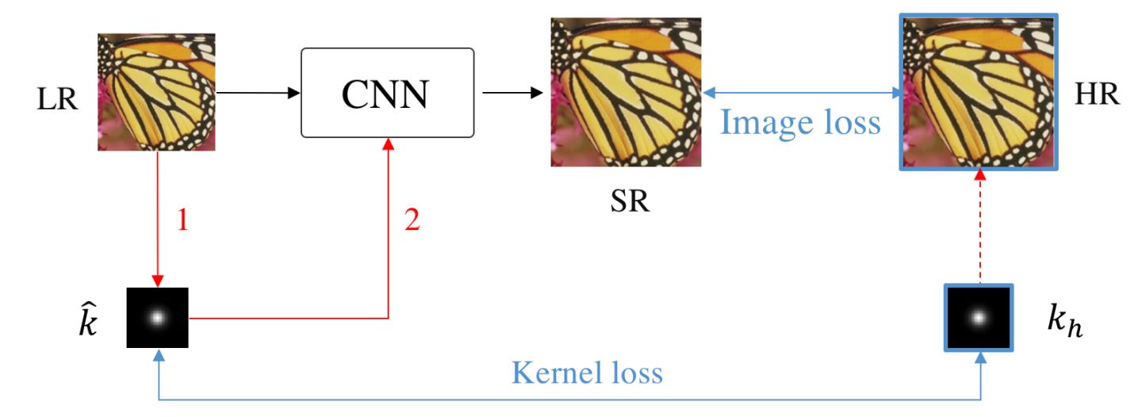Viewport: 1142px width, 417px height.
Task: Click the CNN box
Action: tap(387, 92)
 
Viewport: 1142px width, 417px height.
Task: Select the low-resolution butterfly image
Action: tap(156, 92)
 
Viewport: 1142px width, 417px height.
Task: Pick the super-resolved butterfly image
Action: tap(627, 93)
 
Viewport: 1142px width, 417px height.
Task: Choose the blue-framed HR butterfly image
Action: tap(980, 93)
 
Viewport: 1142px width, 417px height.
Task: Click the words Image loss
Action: tap(799, 123)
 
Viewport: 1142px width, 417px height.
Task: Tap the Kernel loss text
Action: tap(586, 373)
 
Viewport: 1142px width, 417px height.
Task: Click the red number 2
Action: tap(411, 220)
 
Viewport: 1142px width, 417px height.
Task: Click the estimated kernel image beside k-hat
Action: tap(157, 318)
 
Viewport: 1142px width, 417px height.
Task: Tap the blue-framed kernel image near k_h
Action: tap(979, 317)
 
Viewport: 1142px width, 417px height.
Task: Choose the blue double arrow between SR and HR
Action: tap(802, 94)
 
